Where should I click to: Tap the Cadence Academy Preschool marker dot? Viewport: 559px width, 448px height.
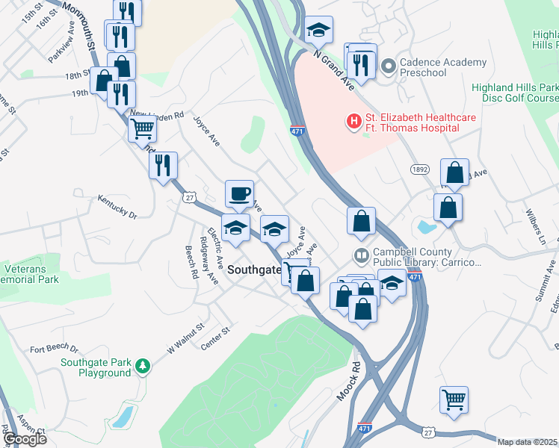pos(387,67)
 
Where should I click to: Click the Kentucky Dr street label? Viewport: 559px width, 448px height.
pos(117,207)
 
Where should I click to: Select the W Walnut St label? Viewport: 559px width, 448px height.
pos(185,338)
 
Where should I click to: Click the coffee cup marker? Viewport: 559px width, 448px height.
pos(239,194)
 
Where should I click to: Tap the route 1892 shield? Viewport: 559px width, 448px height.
pos(420,170)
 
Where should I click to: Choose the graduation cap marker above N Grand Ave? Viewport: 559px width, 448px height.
pos(318,31)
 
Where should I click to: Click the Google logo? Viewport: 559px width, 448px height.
pos(25,438)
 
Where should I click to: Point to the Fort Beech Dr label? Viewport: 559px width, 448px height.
pos(54,349)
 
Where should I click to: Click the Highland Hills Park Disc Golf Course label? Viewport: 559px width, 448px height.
pos(515,93)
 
